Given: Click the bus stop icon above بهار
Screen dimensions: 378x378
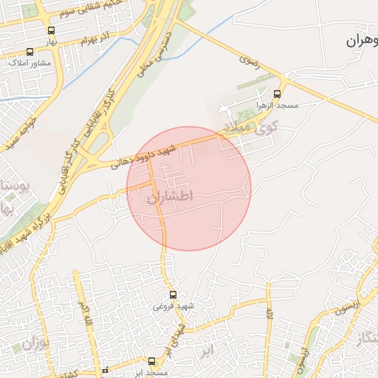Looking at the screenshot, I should pos(51,30).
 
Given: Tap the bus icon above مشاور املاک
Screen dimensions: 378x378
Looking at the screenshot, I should pos(30,52).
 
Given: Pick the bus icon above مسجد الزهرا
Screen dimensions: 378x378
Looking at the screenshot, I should pos(277,94).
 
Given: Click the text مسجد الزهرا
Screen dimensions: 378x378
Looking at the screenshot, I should pos(277,106).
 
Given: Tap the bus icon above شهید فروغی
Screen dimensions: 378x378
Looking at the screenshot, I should pos(173,295).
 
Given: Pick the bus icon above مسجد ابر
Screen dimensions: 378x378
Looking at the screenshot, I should pos(151,361).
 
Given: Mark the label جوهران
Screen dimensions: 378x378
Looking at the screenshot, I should pos(362,41).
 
